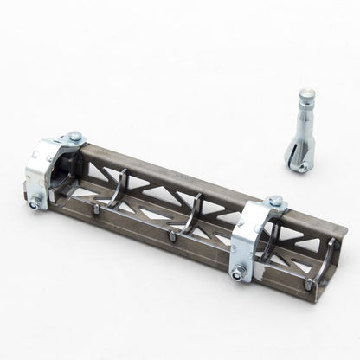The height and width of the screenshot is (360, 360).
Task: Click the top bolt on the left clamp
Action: (x=75, y=136)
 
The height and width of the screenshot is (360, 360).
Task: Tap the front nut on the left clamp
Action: (x=35, y=205)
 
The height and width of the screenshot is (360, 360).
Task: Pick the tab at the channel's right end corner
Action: (x=310, y=285)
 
